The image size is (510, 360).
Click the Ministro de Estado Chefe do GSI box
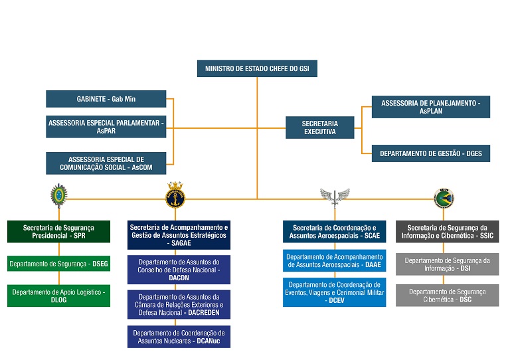coord(257,68)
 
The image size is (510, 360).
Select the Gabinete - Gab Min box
coord(106,99)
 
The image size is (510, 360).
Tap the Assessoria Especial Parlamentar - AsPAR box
coord(106,127)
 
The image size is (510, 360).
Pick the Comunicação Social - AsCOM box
coord(106,163)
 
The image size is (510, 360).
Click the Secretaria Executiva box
coord(319,128)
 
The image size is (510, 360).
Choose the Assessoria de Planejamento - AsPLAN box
coord(430,107)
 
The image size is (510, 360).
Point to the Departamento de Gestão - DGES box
coord(430,153)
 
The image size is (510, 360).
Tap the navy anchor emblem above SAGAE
coord(175,194)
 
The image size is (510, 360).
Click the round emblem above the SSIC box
coord(444,197)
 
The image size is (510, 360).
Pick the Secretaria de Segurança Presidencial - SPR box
coord(58,232)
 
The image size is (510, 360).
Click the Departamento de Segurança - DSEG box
coord(58,264)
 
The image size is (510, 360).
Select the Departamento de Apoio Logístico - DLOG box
coord(58,296)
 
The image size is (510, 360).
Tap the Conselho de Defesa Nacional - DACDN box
coord(179,270)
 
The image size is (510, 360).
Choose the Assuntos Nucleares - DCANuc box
coord(179,337)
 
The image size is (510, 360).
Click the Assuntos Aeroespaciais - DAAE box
coord(334,260)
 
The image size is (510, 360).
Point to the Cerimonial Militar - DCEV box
coord(334,292)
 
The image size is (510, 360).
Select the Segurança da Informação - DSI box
coord(447,264)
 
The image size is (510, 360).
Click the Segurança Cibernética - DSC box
coord(447,296)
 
